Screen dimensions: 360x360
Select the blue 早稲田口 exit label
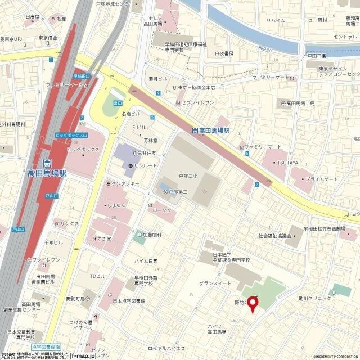point(82,76)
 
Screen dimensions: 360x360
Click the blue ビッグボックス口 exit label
point(71,136)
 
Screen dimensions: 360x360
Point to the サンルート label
point(144,166)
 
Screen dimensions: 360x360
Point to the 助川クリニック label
point(315,298)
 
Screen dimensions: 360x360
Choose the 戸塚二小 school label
point(188,176)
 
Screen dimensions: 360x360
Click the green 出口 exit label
point(118,103)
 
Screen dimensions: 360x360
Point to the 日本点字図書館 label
point(129,301)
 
